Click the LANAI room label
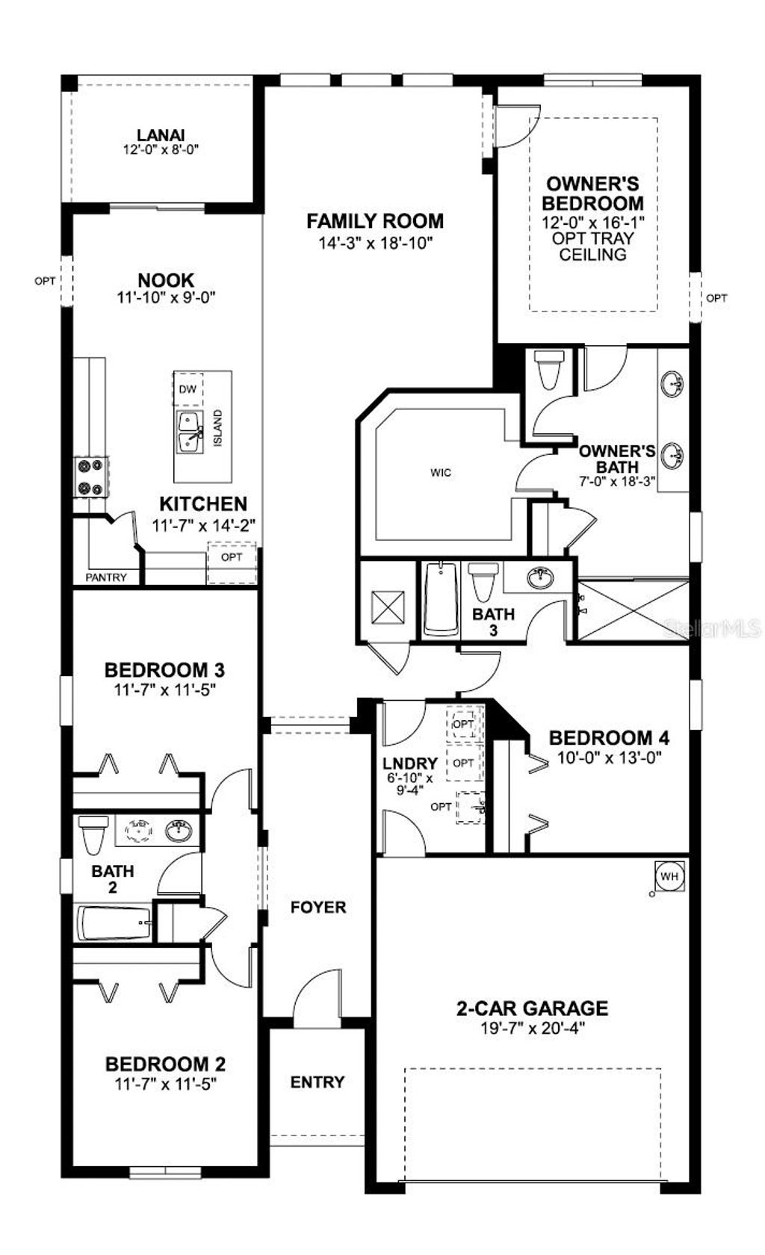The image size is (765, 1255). (161, 135)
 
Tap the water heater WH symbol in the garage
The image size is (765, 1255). (669, 876)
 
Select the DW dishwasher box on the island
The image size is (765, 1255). (188, 389)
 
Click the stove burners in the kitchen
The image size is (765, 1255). (90, 477)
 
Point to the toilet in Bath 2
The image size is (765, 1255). (93, 834)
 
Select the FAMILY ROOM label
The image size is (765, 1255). (375, 221)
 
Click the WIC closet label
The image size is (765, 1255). (441, 473)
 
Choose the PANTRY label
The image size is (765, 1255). (106, 577)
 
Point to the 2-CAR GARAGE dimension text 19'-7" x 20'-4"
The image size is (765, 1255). (532, 1028)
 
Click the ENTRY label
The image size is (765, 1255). (318, 1082)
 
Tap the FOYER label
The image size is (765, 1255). (318, 908)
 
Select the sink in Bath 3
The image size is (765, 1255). (539, 577)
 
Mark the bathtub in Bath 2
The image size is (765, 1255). (114, 923)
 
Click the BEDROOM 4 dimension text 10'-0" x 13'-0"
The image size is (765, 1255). (610, 756)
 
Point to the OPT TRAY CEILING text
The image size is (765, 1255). (593, 247)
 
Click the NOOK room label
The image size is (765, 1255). (166, 281)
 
